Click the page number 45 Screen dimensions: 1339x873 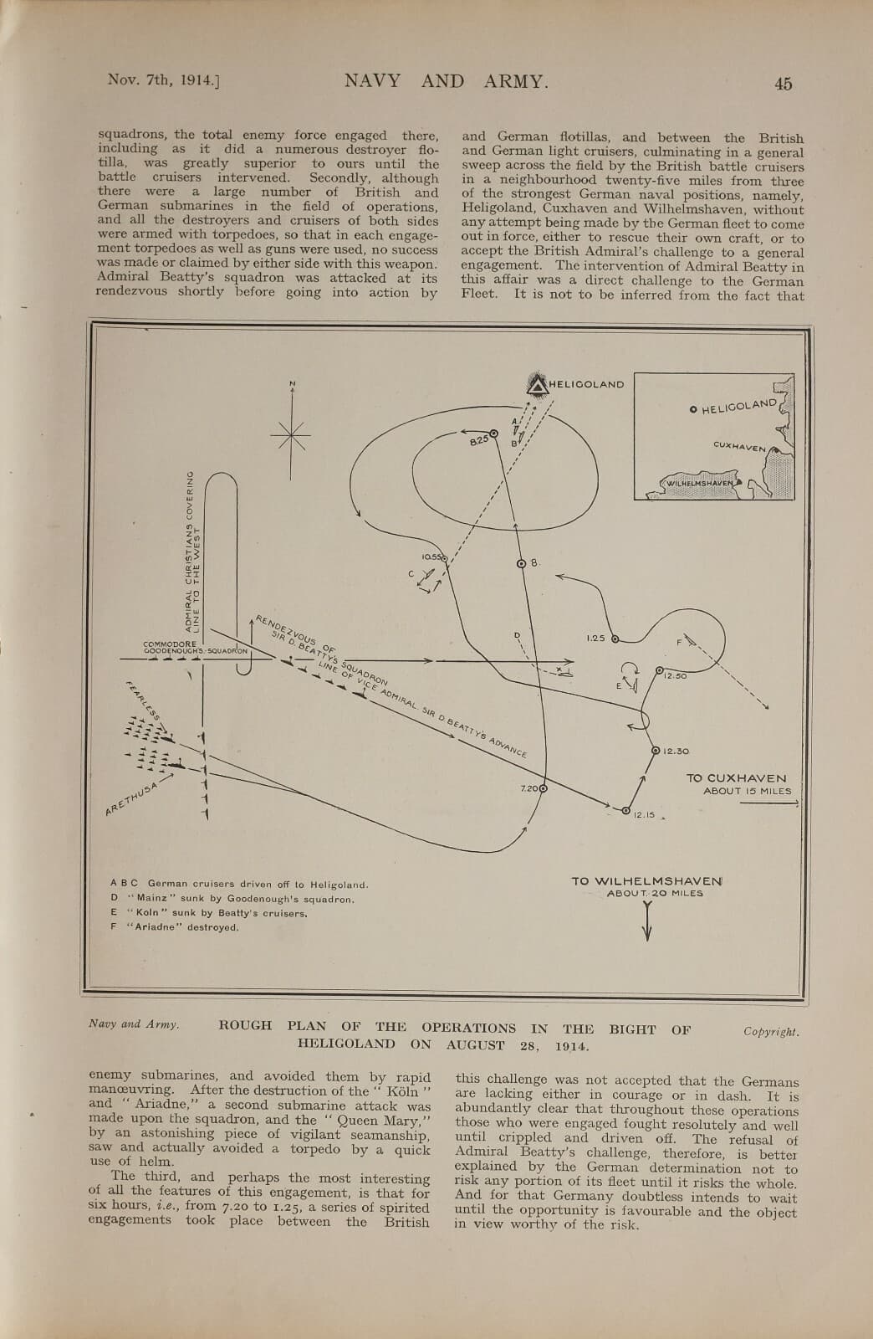coord(783,83)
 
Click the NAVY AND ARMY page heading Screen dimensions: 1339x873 coord(446,81)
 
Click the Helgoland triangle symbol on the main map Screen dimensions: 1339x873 coord(536,384)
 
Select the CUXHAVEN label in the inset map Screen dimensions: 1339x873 coord(739,447)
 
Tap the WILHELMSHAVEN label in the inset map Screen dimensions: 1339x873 coord(700,484)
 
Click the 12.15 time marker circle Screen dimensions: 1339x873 coord(625,809)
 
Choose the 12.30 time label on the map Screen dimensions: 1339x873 coord(676,752)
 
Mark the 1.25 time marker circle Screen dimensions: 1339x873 coord(615,639)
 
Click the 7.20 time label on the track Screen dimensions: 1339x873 coord(529,788)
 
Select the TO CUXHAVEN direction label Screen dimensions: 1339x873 coord(736,778)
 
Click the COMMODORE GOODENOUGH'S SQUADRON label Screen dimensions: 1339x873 coord(195,648)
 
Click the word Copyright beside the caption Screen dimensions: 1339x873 coord(771,1032)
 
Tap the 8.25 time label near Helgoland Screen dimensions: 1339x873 coord(478,439)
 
